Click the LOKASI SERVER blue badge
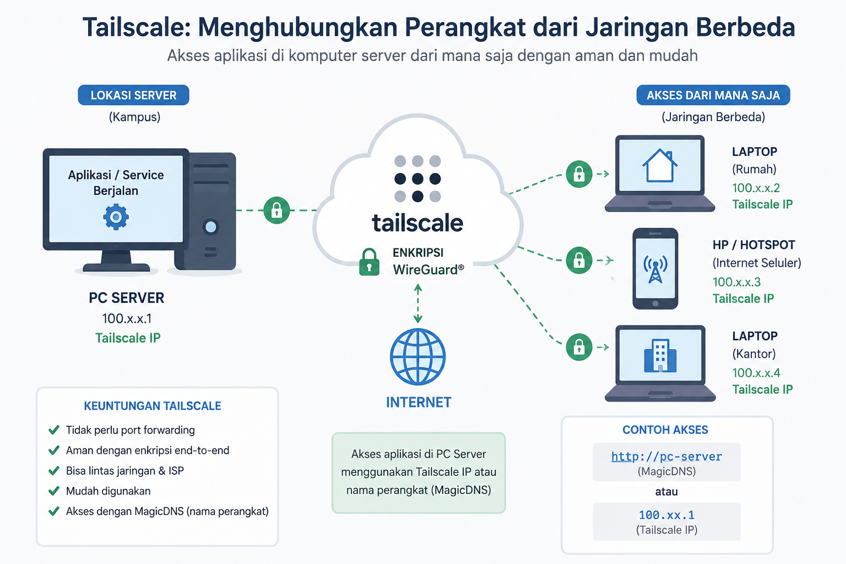point(133,95)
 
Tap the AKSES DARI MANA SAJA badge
point(713,95)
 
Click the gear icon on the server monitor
point(116,217)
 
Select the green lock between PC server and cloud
point(277,210)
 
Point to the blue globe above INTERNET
point(417,356)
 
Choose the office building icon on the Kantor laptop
point(660,355)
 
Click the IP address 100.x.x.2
point(756,188)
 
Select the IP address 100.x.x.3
point(736,282)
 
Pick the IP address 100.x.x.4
point(756,373)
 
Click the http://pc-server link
point(666,457)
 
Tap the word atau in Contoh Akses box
point(666,491)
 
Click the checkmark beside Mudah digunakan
point(54,491)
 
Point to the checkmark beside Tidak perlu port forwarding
point(54,430)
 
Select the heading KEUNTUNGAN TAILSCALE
point(152,406)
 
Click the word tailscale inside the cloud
point(417,223)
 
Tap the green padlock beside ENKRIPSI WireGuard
point(369,262)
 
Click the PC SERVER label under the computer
point(127,297)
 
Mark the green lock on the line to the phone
point(579,261)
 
